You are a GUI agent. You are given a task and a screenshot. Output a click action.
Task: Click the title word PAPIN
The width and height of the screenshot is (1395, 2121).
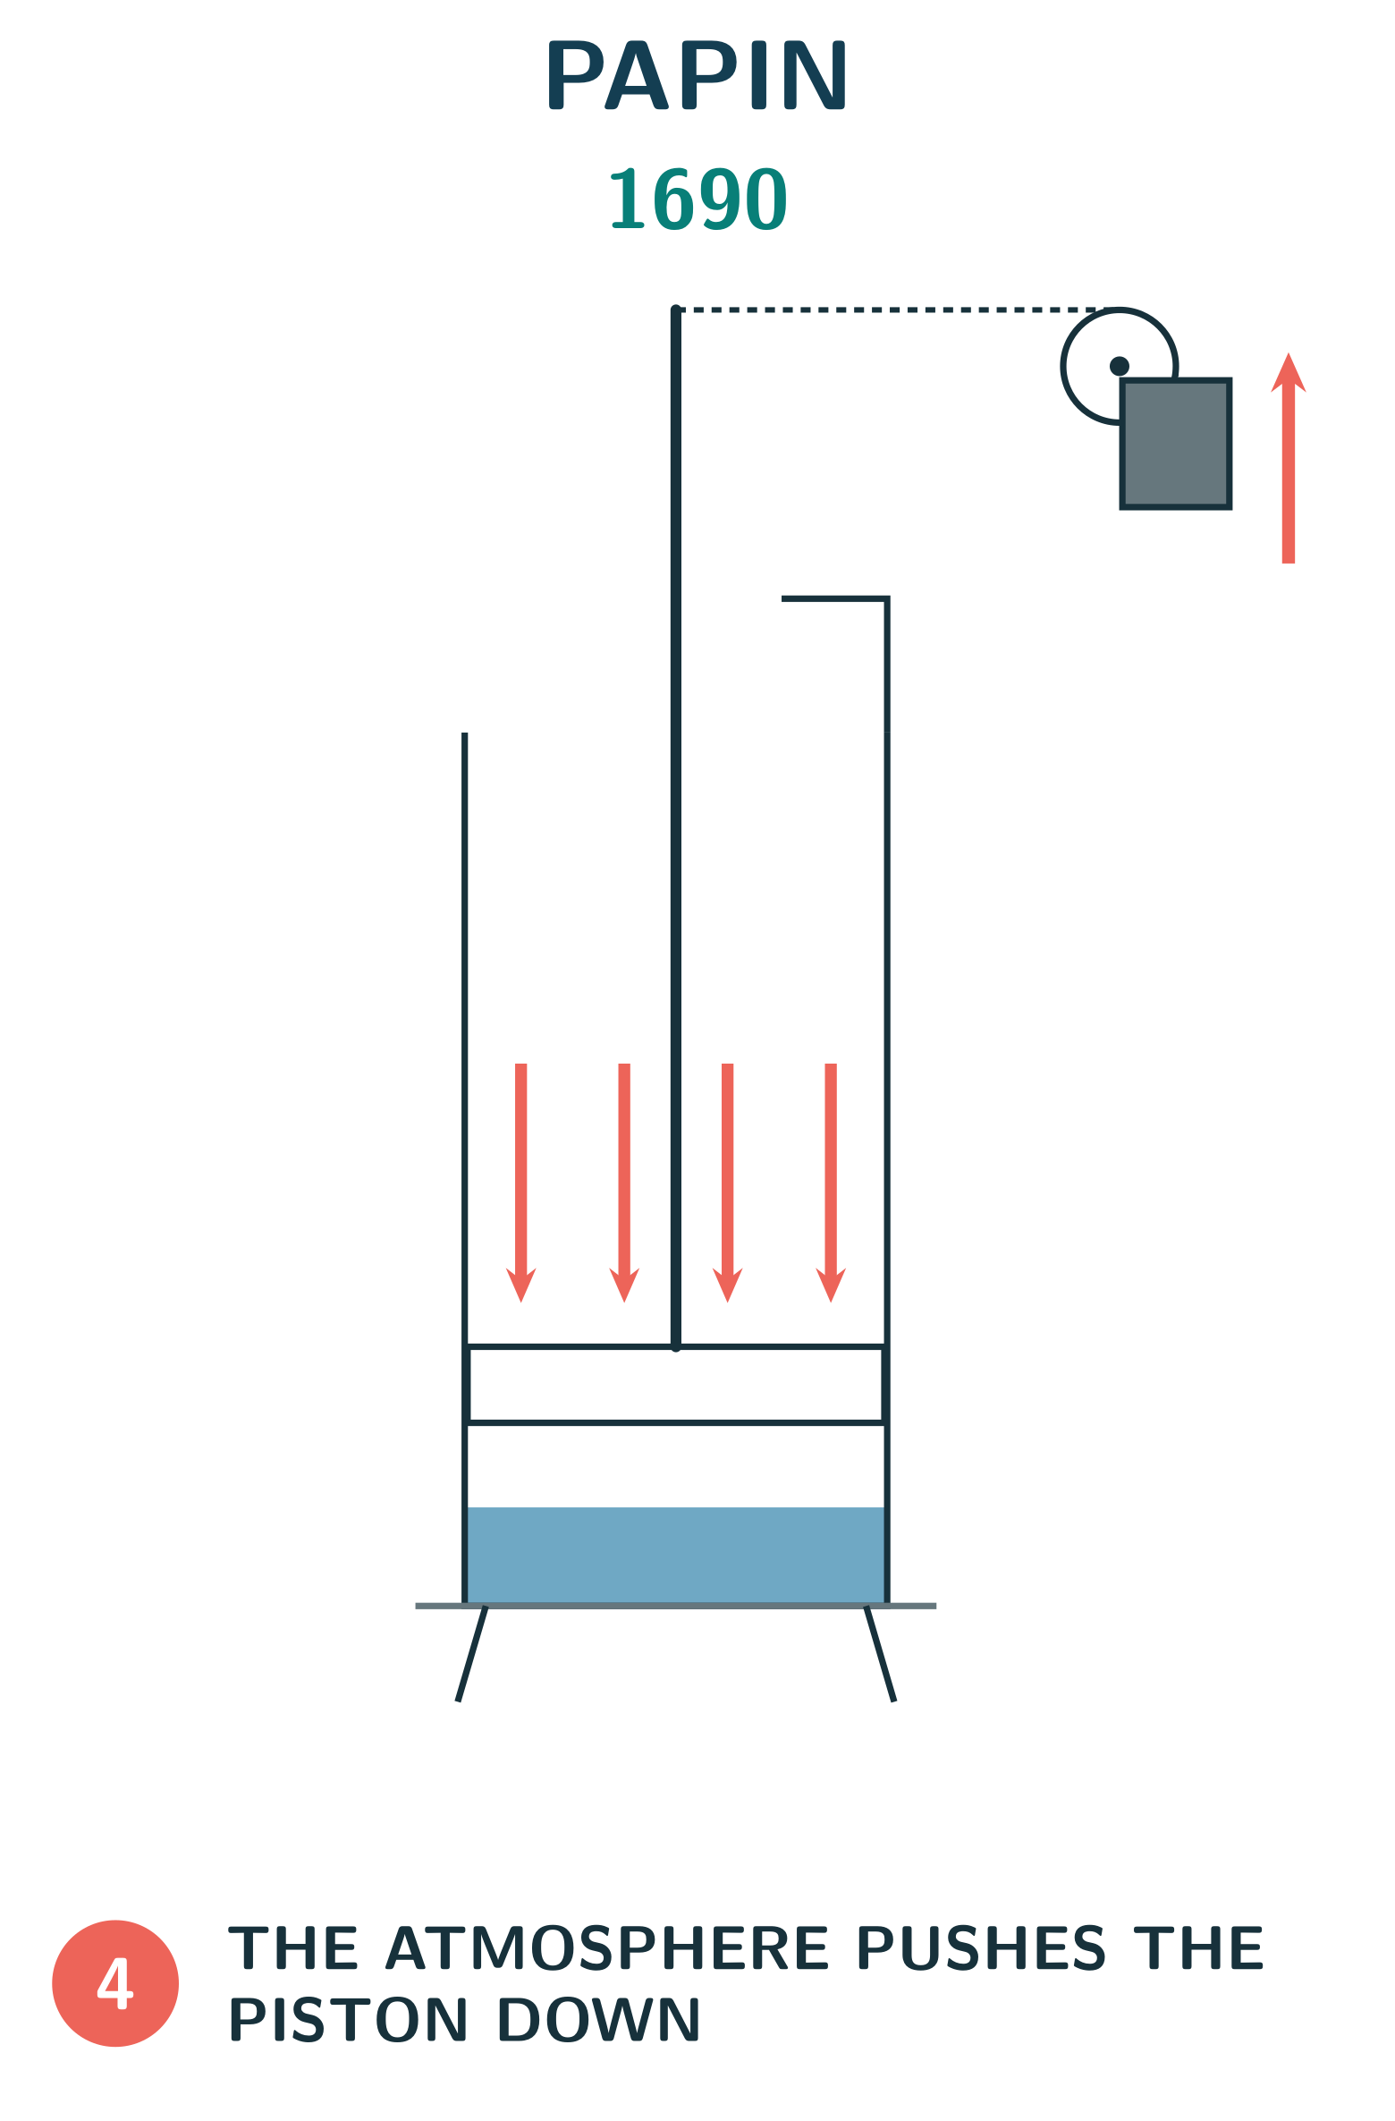[x=697, y=75]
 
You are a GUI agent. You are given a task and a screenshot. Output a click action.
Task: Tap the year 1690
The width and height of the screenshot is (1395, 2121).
[x=698, y=199]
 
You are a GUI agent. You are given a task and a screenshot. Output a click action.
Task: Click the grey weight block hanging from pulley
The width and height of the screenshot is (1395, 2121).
[x=1176, y=444]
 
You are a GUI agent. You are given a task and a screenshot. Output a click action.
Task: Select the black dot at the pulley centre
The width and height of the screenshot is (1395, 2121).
[x=1120, y=366]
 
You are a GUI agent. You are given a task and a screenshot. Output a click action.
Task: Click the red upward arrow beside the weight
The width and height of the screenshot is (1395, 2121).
[x=1289, y=458]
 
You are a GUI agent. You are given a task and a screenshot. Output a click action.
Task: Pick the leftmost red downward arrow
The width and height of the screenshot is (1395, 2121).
[x=521, y=1183]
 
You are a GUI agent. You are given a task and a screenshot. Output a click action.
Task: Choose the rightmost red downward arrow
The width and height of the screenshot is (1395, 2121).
[x=831, y=1183]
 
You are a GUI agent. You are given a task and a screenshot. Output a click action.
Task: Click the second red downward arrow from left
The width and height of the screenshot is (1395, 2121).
[x=624, y=1183]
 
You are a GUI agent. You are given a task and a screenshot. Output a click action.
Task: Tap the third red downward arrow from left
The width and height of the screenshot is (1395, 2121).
[x=728, y=1183]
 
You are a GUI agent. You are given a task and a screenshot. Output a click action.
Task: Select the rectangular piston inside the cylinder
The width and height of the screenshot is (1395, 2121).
[x=676, y=1384]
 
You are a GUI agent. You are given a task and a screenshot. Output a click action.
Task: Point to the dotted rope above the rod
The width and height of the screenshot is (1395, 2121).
[x=892, y=310]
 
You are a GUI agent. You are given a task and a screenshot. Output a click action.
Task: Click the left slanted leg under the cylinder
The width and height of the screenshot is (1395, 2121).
[x=472, y=1654]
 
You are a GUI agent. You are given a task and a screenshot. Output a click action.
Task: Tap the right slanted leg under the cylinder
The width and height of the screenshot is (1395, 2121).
[x=880, y=1654]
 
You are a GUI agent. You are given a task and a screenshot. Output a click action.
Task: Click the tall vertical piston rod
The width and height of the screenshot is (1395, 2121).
[x=676, y=827]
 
